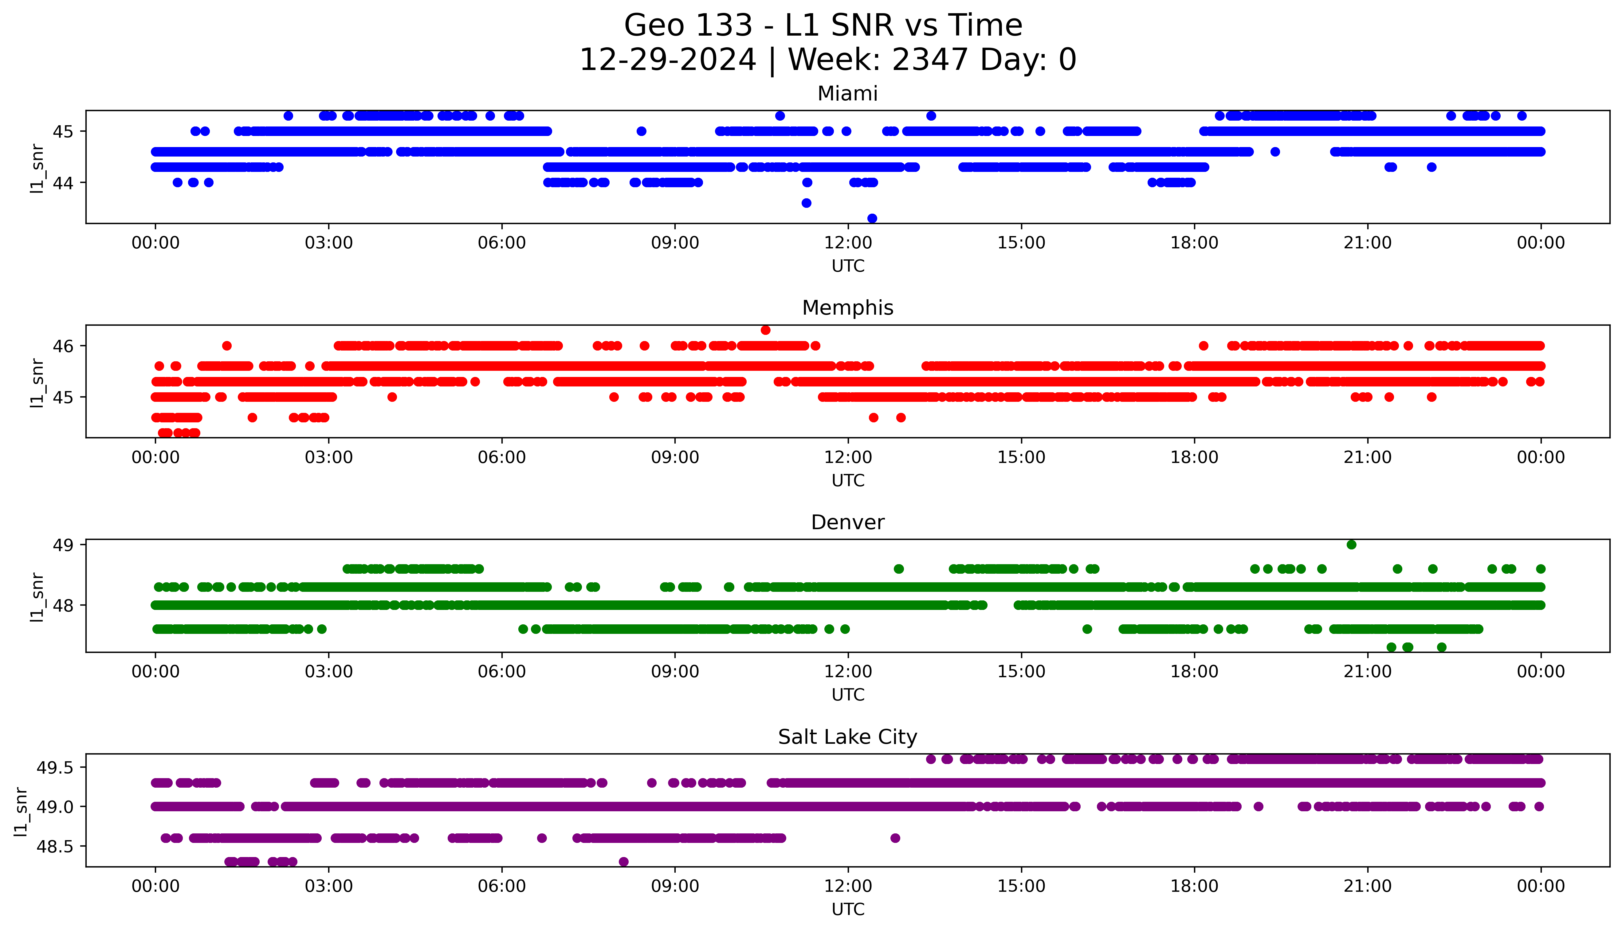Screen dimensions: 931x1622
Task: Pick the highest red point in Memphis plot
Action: click(x=765, y=330)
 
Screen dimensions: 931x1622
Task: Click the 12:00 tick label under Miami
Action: click(x=848, y=243)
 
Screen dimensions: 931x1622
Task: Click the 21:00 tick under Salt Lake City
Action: click(x=1367, y=886)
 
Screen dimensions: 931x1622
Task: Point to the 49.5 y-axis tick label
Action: click(x=55, y=767)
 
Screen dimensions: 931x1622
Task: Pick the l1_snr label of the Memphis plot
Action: click(x=37, y=382)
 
